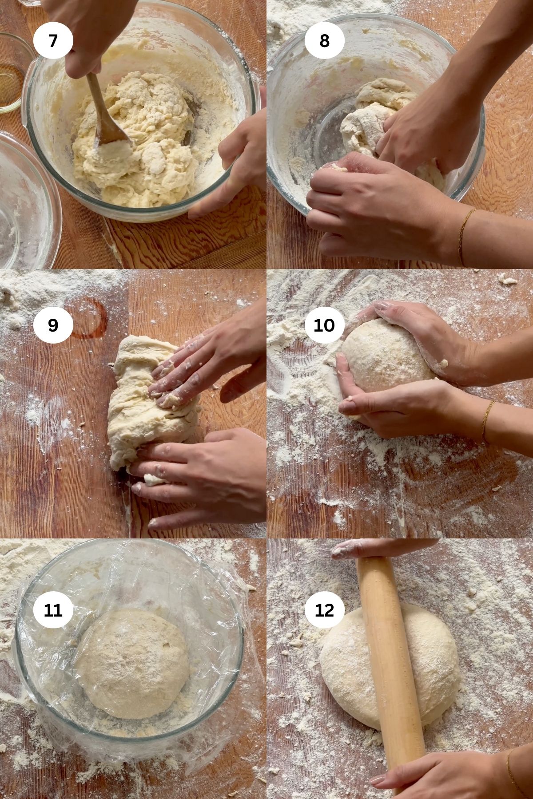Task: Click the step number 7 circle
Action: pyautogui.click(x=53, y=41)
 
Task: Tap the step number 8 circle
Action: pyautogui.click(x=324, y=41)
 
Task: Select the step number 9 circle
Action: pyautogui.click(x=53, y=325)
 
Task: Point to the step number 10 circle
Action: pyautogui.click(x=324, y=325)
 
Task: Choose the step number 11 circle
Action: pyautogui.click(x=53, y=610)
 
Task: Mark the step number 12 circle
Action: pyautogui.click(x=324, y=610)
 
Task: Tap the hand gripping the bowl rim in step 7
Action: pyautogui.click(x=240, y=155)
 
